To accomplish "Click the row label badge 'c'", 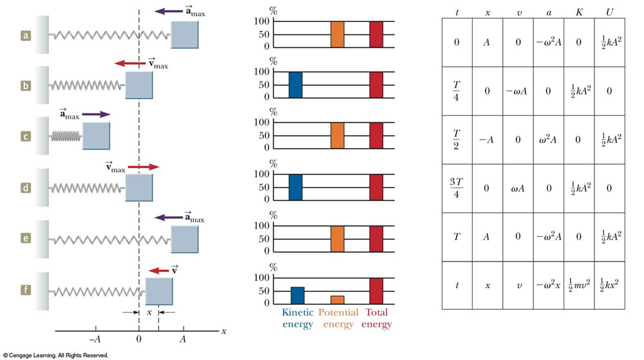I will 26,136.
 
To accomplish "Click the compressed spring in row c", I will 67,136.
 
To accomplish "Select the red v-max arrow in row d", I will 142,167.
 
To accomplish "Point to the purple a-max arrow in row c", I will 96,115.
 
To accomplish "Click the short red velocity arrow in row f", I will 158,271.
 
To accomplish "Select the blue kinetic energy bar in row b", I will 295,84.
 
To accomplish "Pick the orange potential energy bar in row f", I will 337,299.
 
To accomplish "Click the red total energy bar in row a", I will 377,34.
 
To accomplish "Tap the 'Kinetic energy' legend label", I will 297,318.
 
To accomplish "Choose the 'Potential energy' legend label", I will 338,318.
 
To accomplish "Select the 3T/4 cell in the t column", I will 457,189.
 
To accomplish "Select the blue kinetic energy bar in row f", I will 297,296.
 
